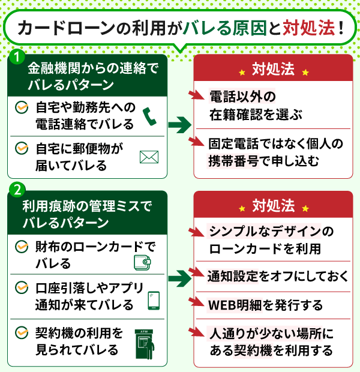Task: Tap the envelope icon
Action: pyautogui.click(x=148, y=157)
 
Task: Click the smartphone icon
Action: pyautogui.click(x=153, y=300)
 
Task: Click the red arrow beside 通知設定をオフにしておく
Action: pyautogui.click(x=195, y=274)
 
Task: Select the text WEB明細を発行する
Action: pyautogui.click(x=265, y=305)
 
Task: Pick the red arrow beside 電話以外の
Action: pyautogui.click(x=195, y=95)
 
